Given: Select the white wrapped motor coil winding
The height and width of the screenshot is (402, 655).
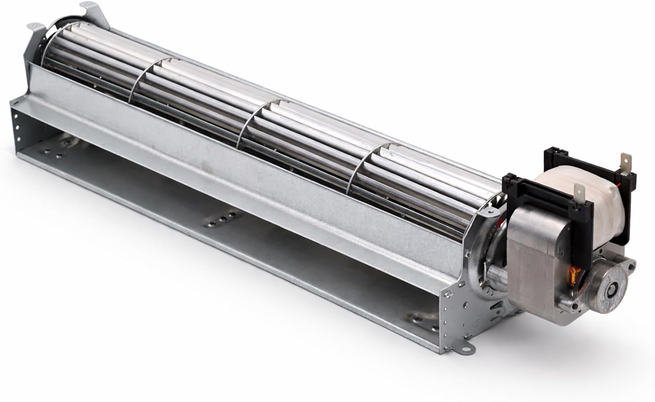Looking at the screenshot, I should (x=563, y=188).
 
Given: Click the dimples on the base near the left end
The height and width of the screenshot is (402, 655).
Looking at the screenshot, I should (x=61, y=146).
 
